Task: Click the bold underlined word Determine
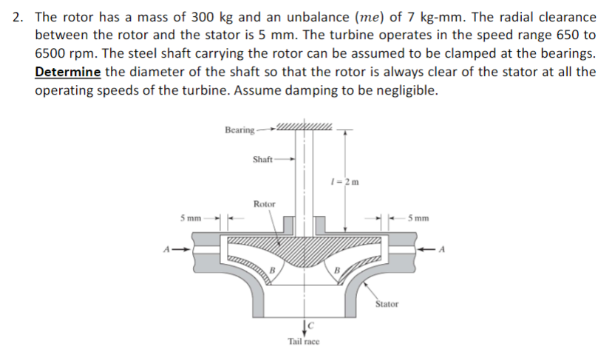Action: [68, 72]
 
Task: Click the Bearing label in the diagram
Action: [239, 130]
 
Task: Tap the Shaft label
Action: [262, 159]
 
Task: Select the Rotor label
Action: [265, 204]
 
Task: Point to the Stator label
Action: [387, 304]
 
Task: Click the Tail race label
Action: [304, 342]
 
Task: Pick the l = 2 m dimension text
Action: [344, 182]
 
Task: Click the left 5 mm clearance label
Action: [191, 218]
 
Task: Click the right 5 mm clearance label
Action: [418, 218]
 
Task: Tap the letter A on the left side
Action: [167, 249]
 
